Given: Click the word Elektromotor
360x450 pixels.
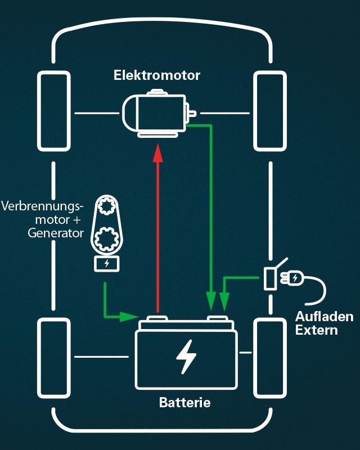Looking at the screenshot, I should (x=157, y=75).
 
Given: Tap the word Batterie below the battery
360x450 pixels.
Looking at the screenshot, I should (x=185, y=403).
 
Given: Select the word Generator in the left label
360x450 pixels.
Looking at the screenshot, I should (x=56, y=232).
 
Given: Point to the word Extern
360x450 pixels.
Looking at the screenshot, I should (x=317, y=330).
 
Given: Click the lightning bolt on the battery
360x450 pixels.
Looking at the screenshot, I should (x=186, y=357).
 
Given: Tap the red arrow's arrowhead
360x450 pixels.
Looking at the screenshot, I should (x=158, y=151).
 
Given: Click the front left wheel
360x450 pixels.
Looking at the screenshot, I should (x=55, y=111).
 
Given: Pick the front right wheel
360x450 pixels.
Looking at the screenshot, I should (x=270, y=111).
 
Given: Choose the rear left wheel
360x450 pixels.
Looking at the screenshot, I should (x=55, y=357).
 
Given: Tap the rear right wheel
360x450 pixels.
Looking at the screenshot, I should (x=270, y=357).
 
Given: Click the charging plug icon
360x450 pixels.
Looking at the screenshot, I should (x=295, y=277).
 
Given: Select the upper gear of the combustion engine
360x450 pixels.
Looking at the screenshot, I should (x=106, y=207).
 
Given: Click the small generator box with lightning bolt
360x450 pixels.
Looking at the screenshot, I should (x=106, y=263).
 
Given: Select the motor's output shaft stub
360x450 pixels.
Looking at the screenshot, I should (x=192, y=114).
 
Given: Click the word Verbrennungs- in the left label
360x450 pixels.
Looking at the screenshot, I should (x=42, y=206).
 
